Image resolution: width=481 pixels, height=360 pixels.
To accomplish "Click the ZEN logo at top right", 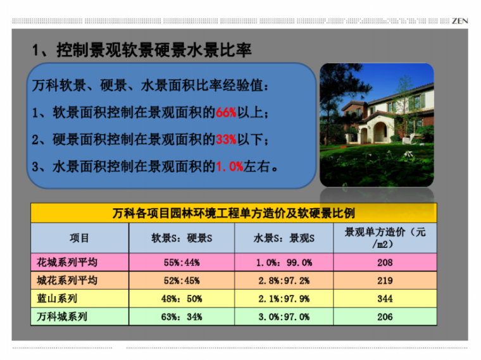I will click(x=460, y=20).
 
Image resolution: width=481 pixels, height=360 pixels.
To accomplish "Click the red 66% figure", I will click(x=226, y=113).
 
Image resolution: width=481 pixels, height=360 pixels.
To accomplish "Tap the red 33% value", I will click(x=226, y=140).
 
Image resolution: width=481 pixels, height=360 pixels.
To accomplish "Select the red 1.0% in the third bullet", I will click(x=230, y=167).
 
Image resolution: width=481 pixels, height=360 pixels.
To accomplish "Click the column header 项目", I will click(x=80, y=238).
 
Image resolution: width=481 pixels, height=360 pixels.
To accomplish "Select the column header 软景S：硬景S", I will click(x=182, y=238).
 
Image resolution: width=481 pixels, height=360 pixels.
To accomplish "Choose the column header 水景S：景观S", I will click(x=284, y=238).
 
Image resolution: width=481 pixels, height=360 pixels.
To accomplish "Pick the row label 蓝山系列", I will click(x=58, y=299).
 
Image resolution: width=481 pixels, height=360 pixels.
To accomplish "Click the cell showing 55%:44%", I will click(x=182, y=262).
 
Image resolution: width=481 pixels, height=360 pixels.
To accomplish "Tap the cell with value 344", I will click(x=385, y=299).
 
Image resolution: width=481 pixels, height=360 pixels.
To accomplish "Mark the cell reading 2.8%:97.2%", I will click(x=284, y=280).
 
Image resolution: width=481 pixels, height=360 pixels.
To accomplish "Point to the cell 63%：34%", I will click(x=182, y=317).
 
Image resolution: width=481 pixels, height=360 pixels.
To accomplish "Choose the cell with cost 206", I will click(x=385, y=317).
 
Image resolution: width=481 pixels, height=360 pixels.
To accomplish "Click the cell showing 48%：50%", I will click(x=182, y=299).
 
